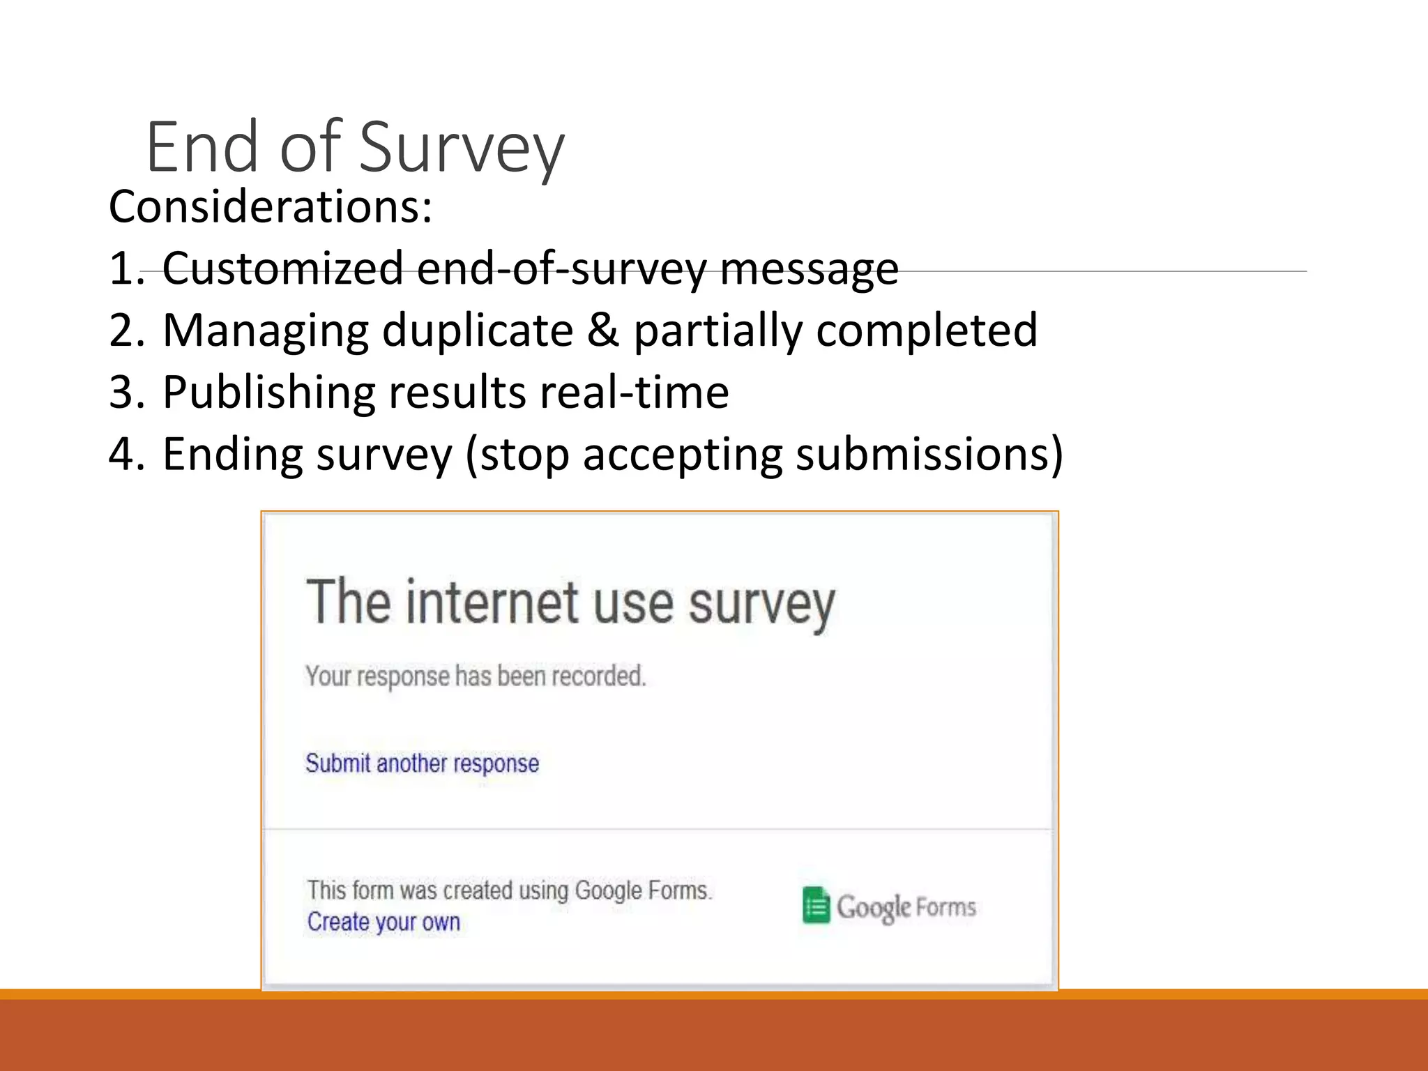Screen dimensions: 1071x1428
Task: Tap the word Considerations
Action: [271, 207]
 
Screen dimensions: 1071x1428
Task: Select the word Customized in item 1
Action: [283, 268]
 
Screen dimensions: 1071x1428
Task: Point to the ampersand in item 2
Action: [602, 330]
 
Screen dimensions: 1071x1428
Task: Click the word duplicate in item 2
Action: [478, 331]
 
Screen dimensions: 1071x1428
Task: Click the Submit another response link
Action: [422, 764]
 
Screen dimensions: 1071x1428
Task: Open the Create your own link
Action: [383, 922]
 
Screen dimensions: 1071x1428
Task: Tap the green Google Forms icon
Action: [816, 906]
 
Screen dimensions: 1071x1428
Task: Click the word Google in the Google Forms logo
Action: [874, 907]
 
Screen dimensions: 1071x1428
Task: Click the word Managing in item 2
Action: [266, 331]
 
